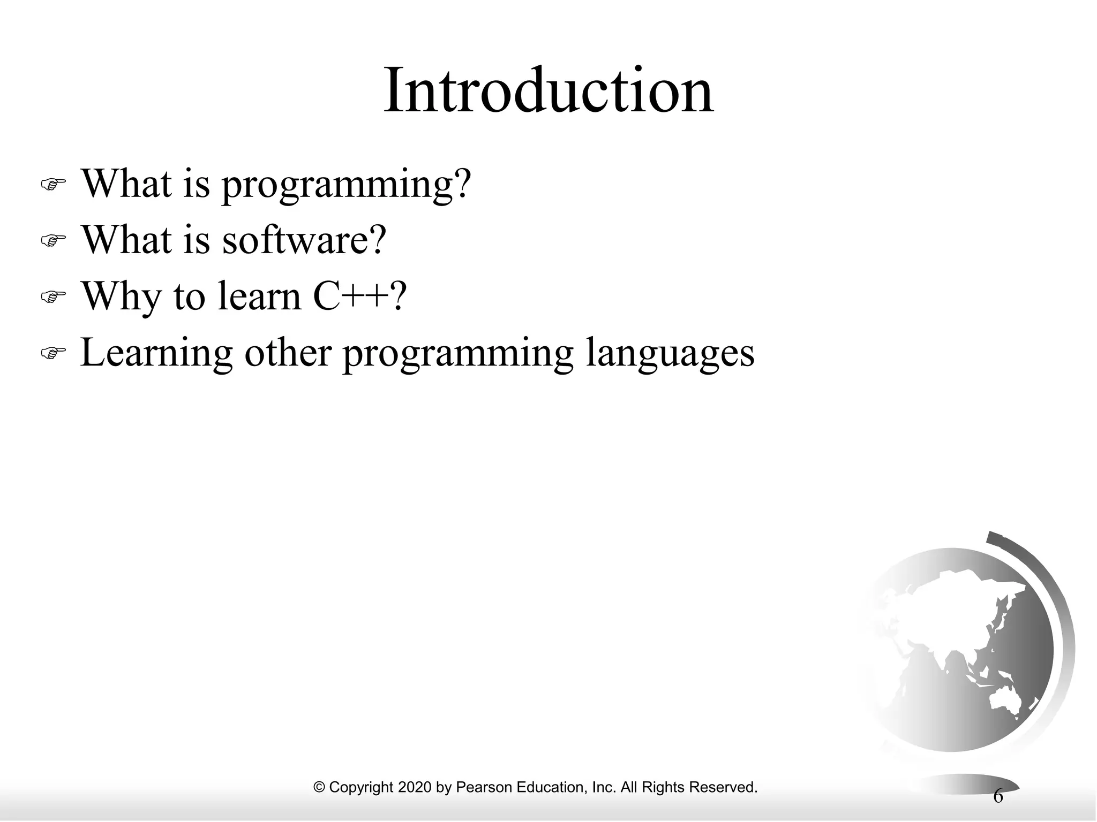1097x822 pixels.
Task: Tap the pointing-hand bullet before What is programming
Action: [x=53, y=185]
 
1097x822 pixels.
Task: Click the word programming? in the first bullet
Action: [x=346, y=185]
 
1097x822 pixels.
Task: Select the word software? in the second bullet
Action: [x=304, y=240]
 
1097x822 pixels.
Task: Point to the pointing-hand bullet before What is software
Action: [x=53, y=240]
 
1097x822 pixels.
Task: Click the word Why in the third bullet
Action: [x=120, y=297]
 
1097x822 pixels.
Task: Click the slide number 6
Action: [x=998, y=796]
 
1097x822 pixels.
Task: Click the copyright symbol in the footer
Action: [x=319, y=787]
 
